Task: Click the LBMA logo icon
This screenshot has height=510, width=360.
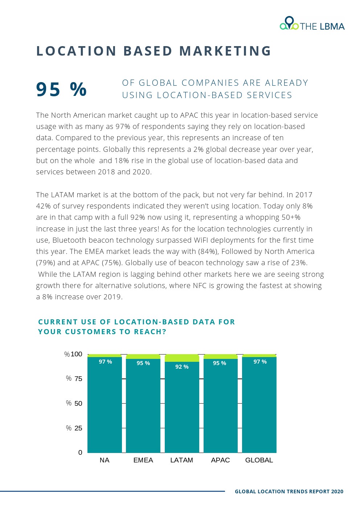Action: click(x=289, y=23)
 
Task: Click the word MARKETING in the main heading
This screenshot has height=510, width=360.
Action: click(x=225, y=51)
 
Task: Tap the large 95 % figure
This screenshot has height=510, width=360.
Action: click(x=61, y=89)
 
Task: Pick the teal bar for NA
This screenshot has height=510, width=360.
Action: click(x=105, y=407)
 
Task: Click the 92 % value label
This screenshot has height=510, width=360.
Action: click(x=182, y=367)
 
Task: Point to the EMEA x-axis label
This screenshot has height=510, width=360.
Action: click(x=143, y=460)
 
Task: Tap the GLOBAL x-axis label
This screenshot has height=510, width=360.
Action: click(x=259, y=460)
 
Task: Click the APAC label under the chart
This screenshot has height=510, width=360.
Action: click(x=220, y=460)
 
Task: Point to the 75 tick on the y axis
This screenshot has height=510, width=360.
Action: click(x=78, y=379)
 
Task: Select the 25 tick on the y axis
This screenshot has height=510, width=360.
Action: click(x=78, y=428)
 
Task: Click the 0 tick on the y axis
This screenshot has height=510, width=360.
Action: click(x=80, y=453)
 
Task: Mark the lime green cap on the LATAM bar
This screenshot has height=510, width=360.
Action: click(x=182, y=358)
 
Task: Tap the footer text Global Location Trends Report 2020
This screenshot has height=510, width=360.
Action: click(x=289, y=491)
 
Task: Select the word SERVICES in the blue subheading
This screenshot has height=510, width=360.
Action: click(x=269, y=95)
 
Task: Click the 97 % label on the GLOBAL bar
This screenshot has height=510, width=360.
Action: click(x=260, y=362)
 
